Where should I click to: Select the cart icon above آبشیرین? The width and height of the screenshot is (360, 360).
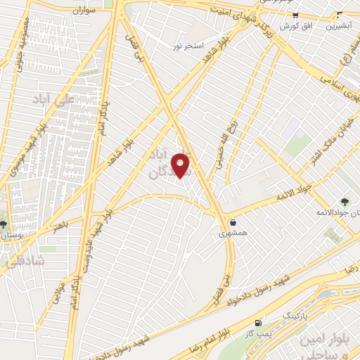point(340,15)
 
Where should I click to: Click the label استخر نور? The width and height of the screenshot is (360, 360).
point(188,46)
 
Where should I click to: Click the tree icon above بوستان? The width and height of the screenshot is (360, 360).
point(6,223)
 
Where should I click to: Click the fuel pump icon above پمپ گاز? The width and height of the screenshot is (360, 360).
point(259,322)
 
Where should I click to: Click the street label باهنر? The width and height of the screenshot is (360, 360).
point(60,225)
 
